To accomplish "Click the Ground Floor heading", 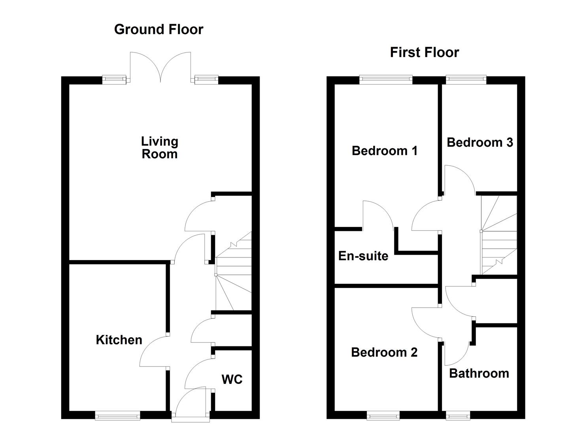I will point(159,29).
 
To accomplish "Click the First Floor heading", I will point(424,53).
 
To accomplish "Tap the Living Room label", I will point(160,147).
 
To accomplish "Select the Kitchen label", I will point(119,340).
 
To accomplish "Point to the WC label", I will point(232,380).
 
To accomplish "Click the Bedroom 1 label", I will point(385,151).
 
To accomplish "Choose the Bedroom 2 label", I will point(384,352).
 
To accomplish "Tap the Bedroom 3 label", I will point(480,142).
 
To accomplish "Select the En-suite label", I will point(363,256).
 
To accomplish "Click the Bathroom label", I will point(479,373).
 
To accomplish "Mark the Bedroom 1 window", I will point(386,80).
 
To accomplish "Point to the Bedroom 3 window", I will point(466,80).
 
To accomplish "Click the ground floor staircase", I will point(234,273).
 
